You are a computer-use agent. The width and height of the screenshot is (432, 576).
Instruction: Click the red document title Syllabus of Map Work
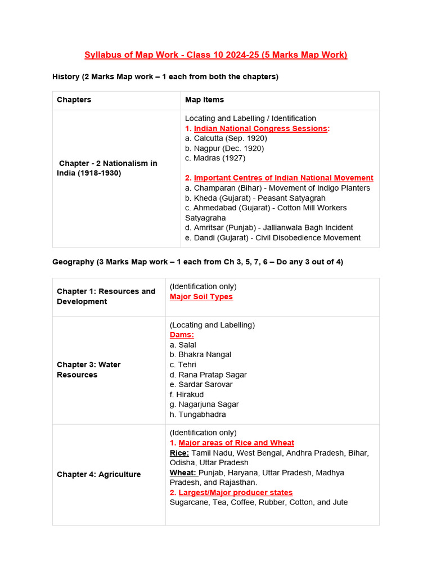(x=215, y=55)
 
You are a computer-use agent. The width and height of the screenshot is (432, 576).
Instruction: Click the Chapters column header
(x=74, y=100)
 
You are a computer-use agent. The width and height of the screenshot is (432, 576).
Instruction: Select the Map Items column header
(x=204, y=100)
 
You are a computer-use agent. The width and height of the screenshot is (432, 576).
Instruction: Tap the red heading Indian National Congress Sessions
(x=260, y=128)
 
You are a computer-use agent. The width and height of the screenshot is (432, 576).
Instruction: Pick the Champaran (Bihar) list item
(x=277, y=188)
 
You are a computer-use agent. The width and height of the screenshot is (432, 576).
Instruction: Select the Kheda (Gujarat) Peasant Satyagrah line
(x=255, y=198)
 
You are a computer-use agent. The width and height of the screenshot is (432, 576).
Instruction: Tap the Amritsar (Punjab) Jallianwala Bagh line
(x=269, y=227)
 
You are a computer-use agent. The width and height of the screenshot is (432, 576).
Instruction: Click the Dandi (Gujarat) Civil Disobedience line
(x=273, y=237)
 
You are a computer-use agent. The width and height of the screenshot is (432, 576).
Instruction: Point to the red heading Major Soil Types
(x=201, y=296)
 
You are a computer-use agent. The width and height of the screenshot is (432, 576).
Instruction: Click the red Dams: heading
(x=182, y=335)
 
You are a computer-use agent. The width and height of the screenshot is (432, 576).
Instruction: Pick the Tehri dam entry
(x=187, y=364)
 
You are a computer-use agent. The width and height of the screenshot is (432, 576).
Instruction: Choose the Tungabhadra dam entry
(x=197, y=415)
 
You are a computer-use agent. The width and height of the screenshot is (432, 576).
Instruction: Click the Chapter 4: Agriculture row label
(x=99, y=474)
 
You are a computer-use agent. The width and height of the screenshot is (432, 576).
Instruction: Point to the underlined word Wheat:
(x=183, y=472)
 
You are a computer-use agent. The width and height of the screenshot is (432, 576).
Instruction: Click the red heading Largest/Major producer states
(x=235, y=492)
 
